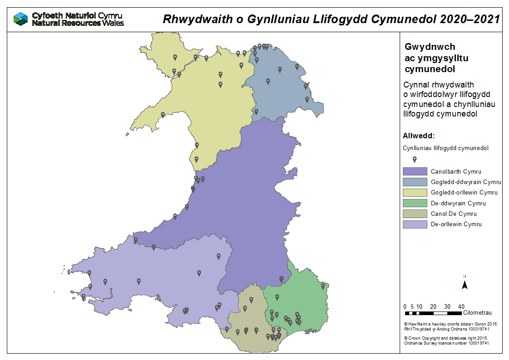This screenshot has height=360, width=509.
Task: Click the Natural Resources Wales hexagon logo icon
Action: [x=21, y=19]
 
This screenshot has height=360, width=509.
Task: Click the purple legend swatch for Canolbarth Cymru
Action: [x=415, y=171]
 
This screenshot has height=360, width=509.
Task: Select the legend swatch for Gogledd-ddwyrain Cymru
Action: [x=415, y=182]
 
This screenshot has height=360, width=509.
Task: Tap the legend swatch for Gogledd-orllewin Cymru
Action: [x=415, y=192]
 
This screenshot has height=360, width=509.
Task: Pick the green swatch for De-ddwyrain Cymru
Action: [x=415, y=203]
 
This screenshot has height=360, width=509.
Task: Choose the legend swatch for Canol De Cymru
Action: [x=415, y=214]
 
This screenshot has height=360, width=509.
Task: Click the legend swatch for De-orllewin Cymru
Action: [x=415, y=224]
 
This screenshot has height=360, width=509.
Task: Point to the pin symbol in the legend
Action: [x=415, y=160]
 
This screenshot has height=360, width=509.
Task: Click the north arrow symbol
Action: [x=465, y=284]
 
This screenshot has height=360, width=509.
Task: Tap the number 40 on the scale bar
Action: [x=461, y=306]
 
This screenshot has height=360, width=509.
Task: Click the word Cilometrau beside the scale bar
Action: [x=478, y=313]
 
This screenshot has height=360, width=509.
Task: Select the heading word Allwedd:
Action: [x=419, y=136]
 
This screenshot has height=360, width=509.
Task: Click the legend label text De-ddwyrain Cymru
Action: [x=458, y=203]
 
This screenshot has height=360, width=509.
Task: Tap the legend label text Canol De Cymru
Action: [x=454, y=214]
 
